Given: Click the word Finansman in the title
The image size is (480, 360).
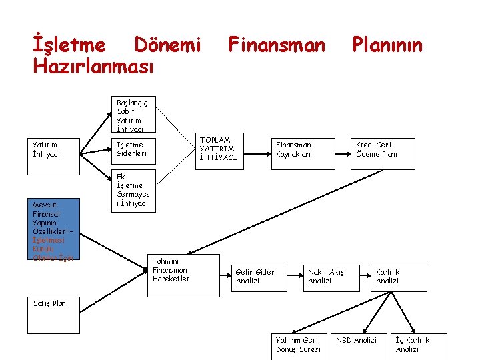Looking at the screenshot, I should [277, 45].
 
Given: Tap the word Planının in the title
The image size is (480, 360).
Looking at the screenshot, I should [387, 45].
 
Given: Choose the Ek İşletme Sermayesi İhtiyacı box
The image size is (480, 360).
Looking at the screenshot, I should [133, 190].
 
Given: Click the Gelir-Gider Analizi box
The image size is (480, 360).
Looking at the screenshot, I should [258, 276].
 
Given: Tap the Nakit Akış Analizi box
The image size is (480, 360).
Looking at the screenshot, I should [329, 276].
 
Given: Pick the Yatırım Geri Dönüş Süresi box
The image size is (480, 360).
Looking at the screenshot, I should [299, 345].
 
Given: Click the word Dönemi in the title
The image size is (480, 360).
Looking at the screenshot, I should [167, 45].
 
